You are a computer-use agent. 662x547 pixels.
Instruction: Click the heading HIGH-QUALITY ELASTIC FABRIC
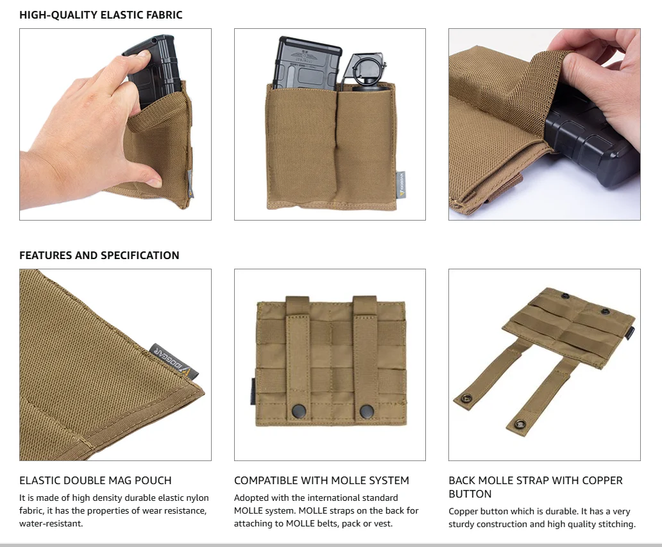tap(101, 15)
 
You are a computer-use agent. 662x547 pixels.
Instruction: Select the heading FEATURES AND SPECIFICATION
tap(99, 255)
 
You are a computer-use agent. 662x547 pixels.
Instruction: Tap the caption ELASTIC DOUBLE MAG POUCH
tap(96, 480)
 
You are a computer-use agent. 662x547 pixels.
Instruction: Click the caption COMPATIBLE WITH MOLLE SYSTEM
tap(321, 480)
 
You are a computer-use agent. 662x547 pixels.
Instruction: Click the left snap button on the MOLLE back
tap(300, 409)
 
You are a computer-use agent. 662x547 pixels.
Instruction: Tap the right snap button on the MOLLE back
tap(367, 410)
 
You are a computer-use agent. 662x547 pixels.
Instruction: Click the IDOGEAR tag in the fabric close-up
tap(174, 361)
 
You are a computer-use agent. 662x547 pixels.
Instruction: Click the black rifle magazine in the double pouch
tap(306, 64)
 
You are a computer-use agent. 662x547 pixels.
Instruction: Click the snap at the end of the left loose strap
tap(466, 398)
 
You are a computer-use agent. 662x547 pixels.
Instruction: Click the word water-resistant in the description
tap(51, 523)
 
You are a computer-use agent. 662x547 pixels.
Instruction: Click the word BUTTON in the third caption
tap(470, 494)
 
